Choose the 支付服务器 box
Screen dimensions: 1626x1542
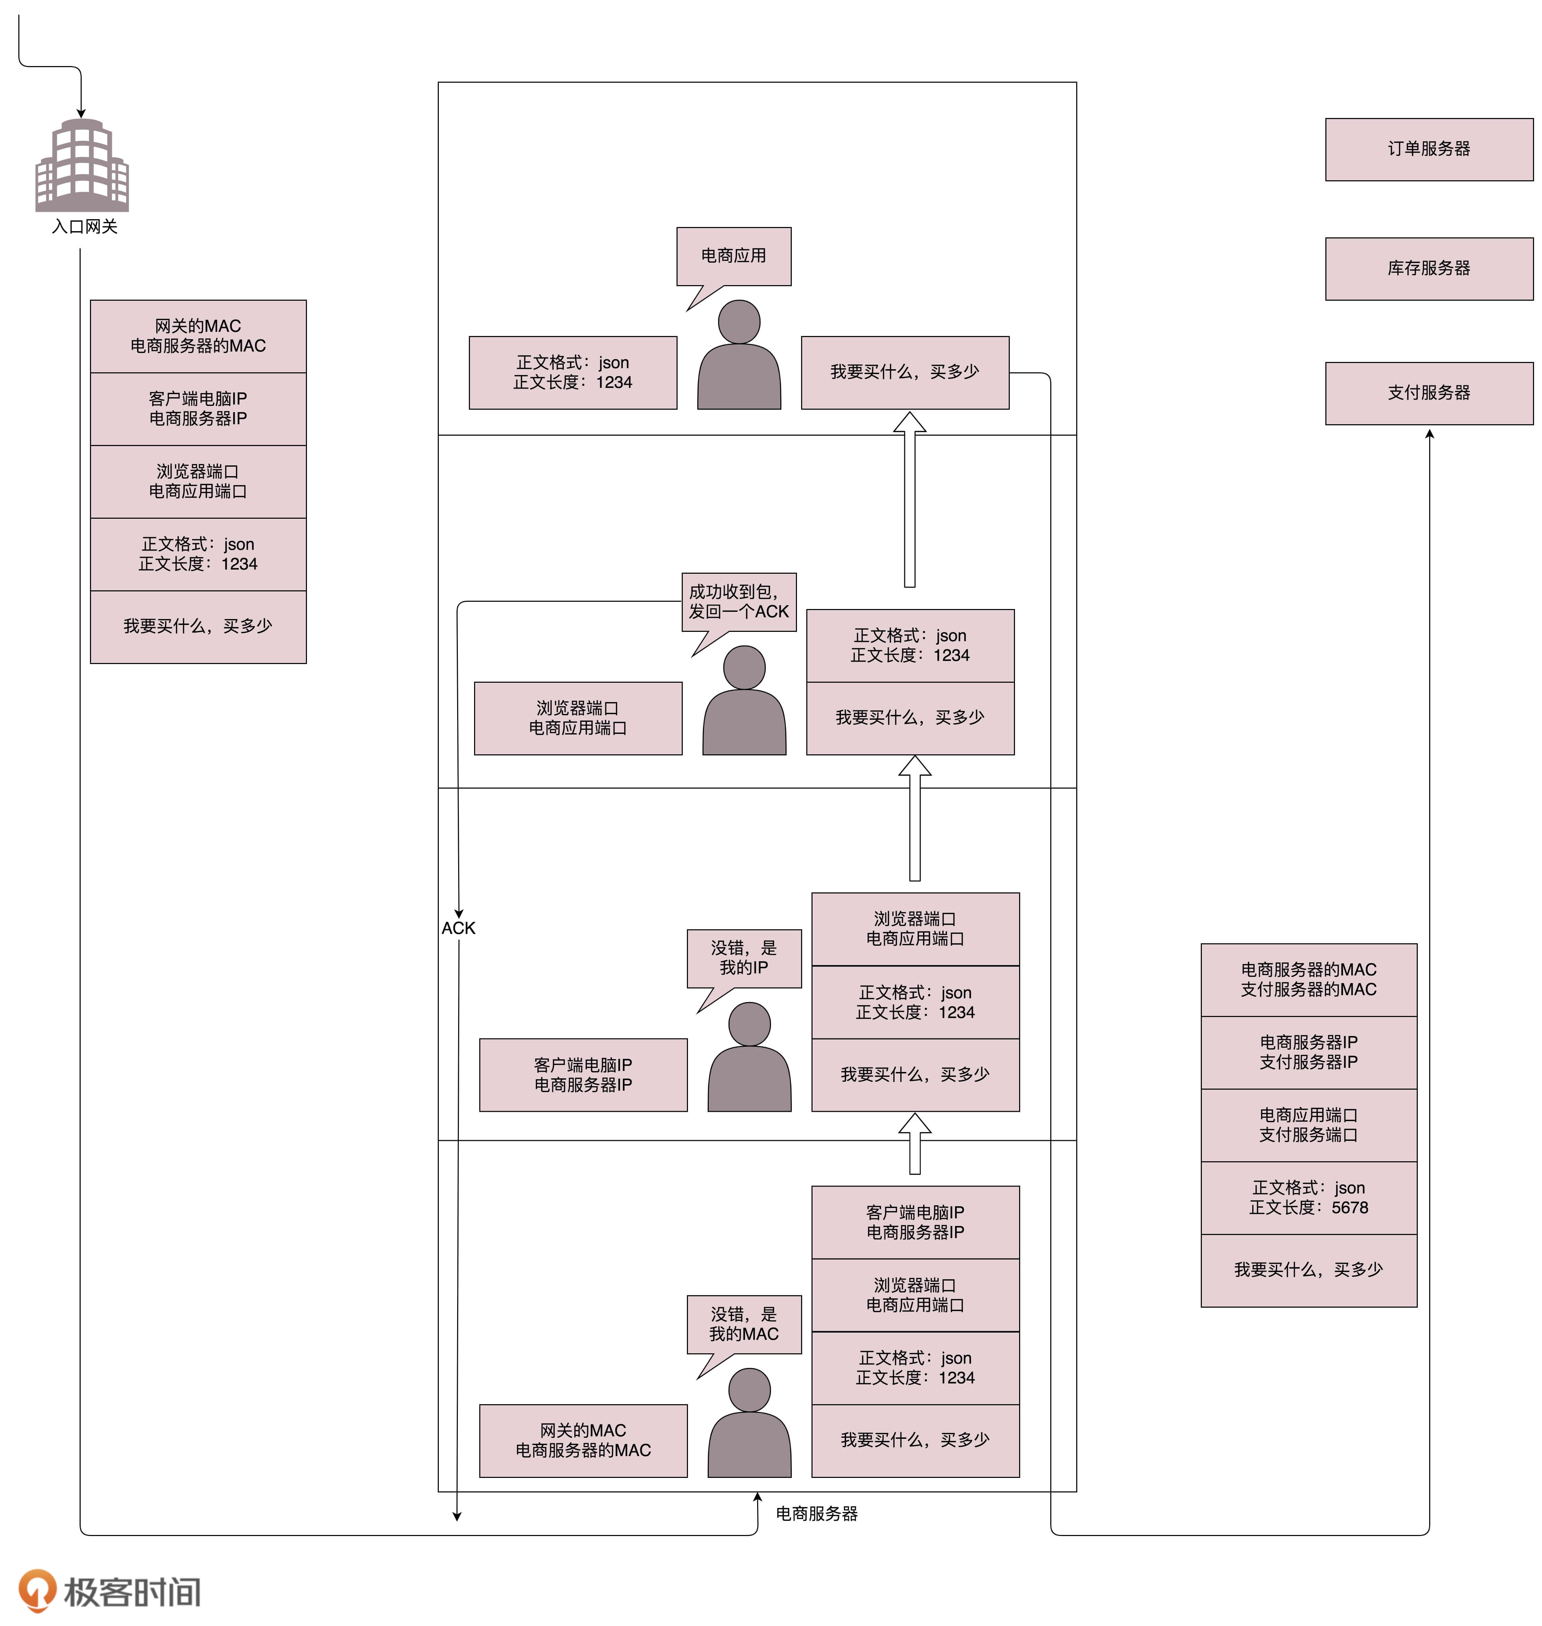click(1428, 393)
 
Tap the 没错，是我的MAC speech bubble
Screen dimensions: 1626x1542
click(744, 1324)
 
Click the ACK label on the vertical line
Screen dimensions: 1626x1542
click(458, 928)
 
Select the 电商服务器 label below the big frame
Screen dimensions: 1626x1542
click(816, 1514)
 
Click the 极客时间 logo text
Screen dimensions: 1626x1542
click(131, 1592)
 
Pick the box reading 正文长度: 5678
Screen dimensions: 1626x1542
click(1308, 1198)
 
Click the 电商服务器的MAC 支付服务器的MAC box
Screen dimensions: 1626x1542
click(1308, 980)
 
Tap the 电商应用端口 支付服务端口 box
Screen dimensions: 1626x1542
click(1308, 1125)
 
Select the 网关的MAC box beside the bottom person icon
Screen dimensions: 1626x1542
click(583, 1440)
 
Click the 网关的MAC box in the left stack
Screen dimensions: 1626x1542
click(198, 336)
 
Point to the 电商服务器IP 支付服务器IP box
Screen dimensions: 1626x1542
click(1308, 1052)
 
